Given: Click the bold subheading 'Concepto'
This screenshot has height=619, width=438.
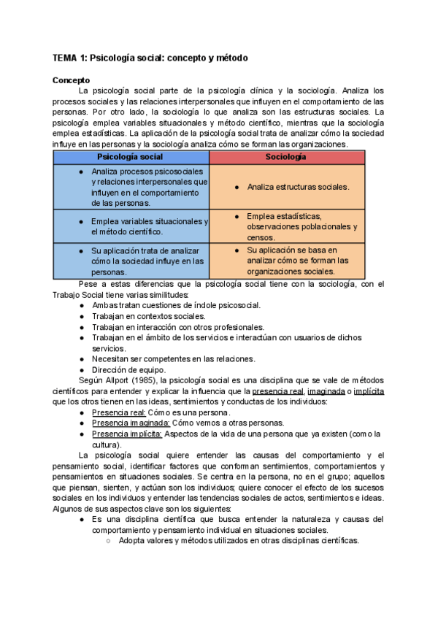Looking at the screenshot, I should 71,80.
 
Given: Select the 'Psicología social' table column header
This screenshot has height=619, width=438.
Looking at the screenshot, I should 131,157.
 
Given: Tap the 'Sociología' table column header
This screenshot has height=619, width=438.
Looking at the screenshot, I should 286,157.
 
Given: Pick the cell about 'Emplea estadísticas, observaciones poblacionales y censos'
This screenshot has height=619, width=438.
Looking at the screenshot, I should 296,226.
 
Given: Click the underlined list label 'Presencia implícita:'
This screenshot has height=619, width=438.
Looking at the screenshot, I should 126,434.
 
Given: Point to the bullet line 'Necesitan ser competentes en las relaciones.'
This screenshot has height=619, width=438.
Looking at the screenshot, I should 173,358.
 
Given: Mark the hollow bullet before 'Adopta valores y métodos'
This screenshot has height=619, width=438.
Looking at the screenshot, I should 108,541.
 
